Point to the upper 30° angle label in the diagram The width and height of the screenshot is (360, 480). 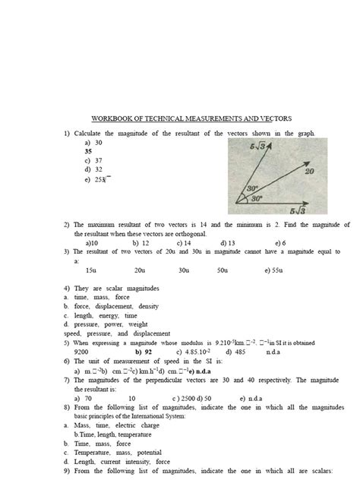[x=254, y=188]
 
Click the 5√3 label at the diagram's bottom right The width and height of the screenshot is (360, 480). [x=298, y=210]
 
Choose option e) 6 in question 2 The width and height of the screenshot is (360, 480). [x=280, y=243]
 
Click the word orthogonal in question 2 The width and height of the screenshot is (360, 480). [x=194, y=234]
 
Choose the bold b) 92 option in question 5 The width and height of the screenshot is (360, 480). [x=144, y=352]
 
